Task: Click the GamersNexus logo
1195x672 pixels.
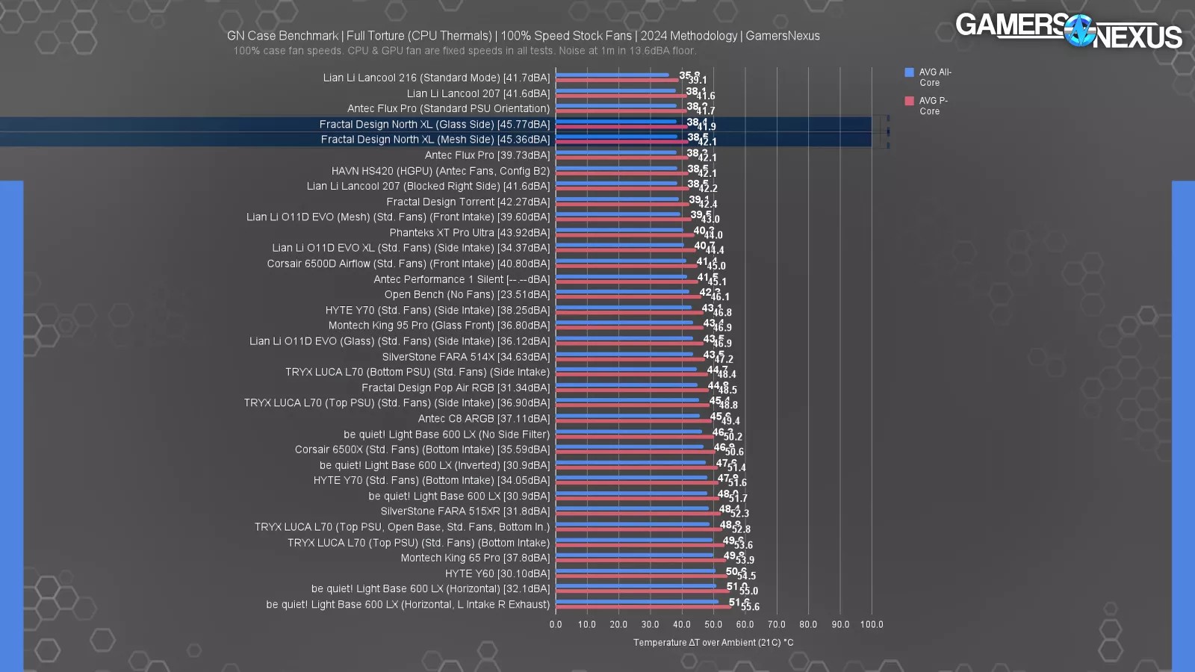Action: pos(1068,31)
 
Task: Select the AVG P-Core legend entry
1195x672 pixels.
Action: pos(926,105)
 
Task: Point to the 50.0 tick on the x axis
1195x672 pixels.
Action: pos(713,624)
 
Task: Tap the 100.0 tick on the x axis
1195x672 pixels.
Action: pos(871,624)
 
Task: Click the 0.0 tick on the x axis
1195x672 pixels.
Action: pos(556,624)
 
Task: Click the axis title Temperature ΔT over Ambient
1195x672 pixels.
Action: pos(713,642)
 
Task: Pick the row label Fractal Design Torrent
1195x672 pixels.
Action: pos(468,202)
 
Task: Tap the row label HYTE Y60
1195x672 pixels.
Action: pos(497,573)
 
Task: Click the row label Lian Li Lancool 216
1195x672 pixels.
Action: pos(436,78)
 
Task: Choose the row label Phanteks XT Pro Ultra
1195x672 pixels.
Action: pos(469,233)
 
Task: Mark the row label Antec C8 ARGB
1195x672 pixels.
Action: pos(483,419)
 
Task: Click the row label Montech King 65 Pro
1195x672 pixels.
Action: pos(475,558)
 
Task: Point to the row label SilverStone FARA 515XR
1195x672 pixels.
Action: pos(465,511)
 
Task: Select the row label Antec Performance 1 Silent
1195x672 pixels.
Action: pos(462,279)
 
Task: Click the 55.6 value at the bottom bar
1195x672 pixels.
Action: pos(750,607)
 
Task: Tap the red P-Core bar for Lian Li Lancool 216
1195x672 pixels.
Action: pos(617,80)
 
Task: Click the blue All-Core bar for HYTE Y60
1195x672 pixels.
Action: pos(635,570)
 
